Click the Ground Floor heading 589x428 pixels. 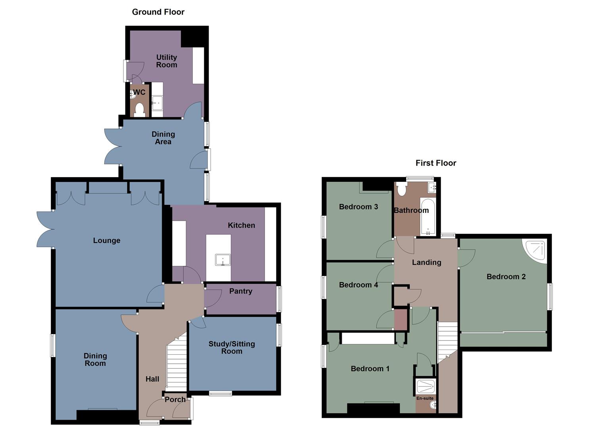pyautogui.click(x=158, y=12)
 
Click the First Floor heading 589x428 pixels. pyautogui.click(x=436, y=163)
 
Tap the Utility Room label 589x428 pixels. pyautogui.click(x=166, y=61)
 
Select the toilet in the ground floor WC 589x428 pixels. pyautogui.click(x=139, y=109)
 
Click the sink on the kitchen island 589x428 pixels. pyautogui.click(x=223, y=260)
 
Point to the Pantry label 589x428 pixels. pyautogui.click(x=240, y=291)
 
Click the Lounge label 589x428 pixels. pyautogui.click(x=106, y=241)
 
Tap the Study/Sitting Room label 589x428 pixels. pyautogui.click(x=232, y=348)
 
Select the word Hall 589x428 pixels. pyautogui.click(x=152, y=379)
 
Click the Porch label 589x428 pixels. pyautogui.click(x=175, y=399)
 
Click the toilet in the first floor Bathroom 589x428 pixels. pyautogui.click(x=401, y=189)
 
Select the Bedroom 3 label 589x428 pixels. pyautogui.click(x=358, y=207)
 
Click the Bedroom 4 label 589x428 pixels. pyautogui.click(x=358, y=285)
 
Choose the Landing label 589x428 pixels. pyautogui.click(x=426, y=262)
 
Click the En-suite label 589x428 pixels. pyautogui.click(x=425, y=398)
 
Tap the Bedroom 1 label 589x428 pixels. pyautogui.click(x=370, y=369)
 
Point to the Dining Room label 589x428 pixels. pyautogui.click(x=95, y=359)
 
